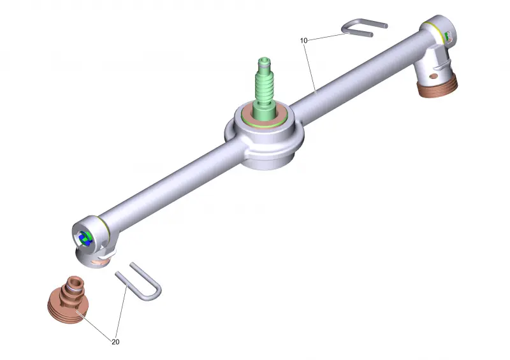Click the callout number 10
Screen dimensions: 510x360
pyautogui.click(x=303, y=41)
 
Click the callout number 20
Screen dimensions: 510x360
pyautogui.click(x=115, y=342)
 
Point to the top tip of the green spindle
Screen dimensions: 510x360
pyautogui.click(x=264, y=59)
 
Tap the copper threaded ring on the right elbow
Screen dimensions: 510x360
pyautogui.click(x=437, y=88)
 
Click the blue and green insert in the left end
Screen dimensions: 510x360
pyautogui.click(x=86, y=238)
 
